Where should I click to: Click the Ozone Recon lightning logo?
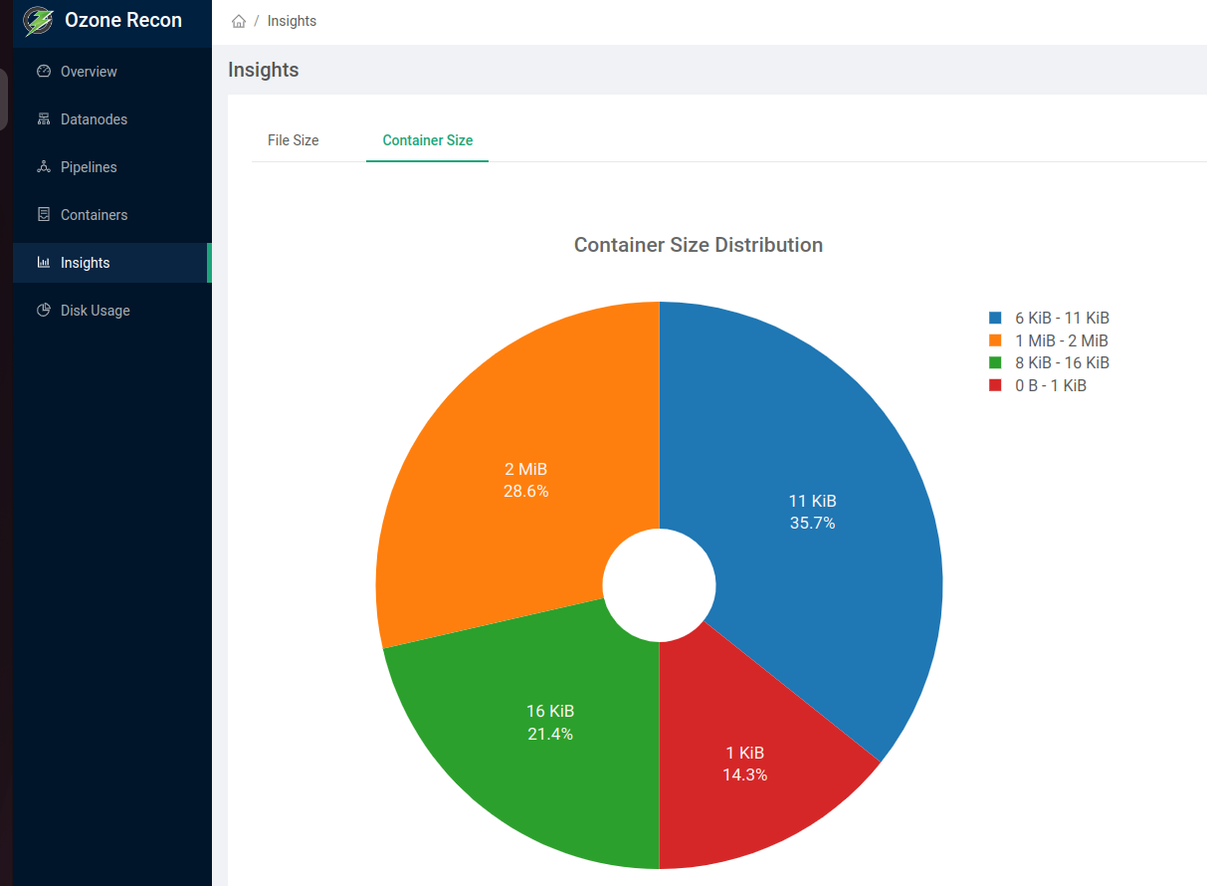pos(38,21)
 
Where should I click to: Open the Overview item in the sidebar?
pos(88,72)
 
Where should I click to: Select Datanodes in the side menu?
pos(94,119)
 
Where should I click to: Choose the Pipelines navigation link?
pos(89,167)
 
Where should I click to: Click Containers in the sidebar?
pos(94,215)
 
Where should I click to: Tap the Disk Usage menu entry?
pos(95,311)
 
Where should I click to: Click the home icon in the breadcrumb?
pos(239,21)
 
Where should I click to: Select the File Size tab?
pos(293,140)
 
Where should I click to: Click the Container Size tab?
pos(427,140)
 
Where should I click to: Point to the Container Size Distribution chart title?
pos(698,245)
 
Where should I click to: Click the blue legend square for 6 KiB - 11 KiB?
pos(995,318)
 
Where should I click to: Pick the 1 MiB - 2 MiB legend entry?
pos(1061,340)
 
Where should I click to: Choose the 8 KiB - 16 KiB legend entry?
pos(1062,363)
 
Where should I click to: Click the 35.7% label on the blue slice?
pos(812,523)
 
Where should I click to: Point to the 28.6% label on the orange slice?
pos(525,491)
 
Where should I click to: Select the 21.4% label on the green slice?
pos(549,734)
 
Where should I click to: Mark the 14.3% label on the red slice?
pos(744,775)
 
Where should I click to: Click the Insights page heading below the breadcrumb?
pos(263,70)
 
